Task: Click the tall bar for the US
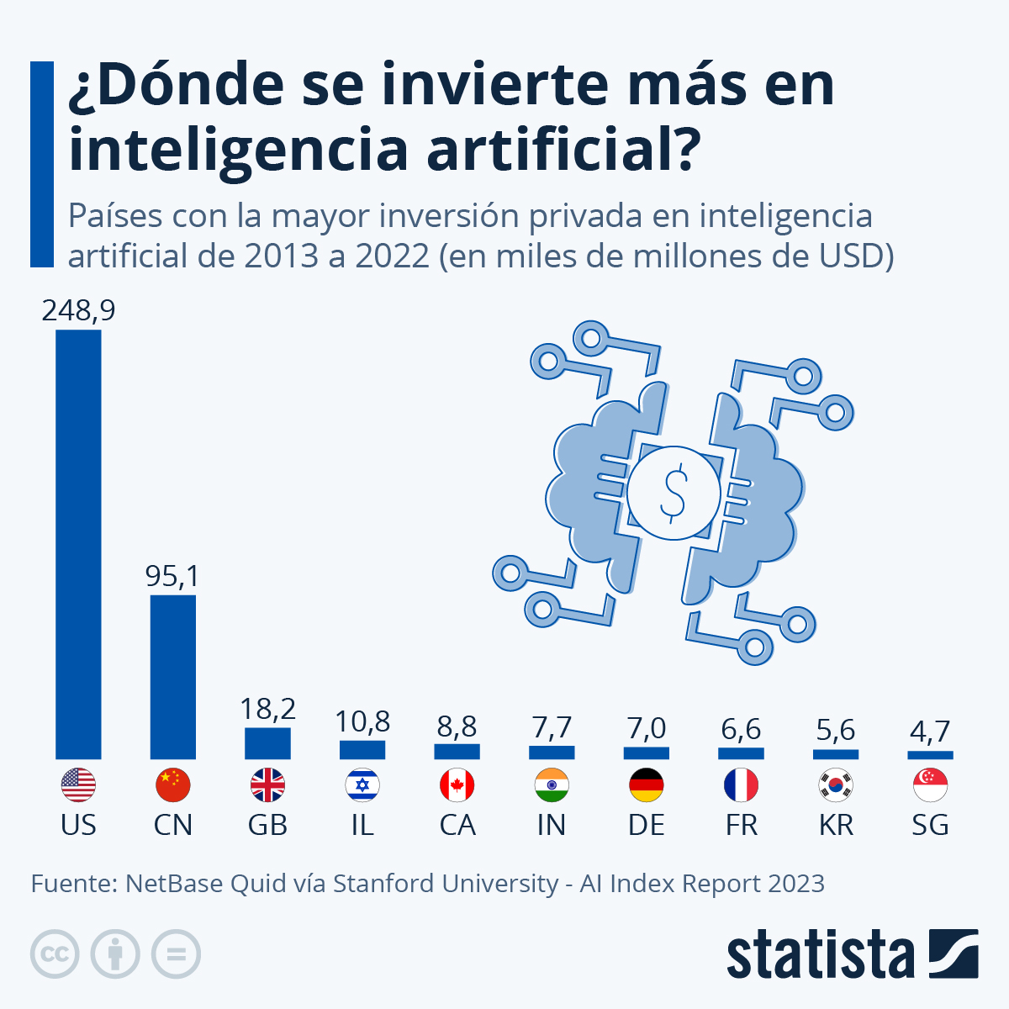[x=78, y=545]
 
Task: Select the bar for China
[x=173, y=677]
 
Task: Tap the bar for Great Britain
[x=267, y=743]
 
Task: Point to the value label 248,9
[x=78, y=311]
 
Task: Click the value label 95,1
[x=172, y=577]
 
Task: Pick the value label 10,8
[x=362, y=721]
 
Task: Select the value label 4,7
[x=930, y=732]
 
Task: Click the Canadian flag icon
[x=457, y=786]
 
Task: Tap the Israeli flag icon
[x=362, y=786]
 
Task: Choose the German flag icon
[x=646, y=786]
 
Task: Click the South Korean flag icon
[x=836, y=786]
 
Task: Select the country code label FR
[x=741, y=826]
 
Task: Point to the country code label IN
[x=552, y=826]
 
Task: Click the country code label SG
[x=930, y=826]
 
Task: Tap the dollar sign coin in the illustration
[x=674, y=493]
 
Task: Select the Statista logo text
[x=820, y=955]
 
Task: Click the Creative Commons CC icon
[x=55, y=954]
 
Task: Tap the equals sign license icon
[x=176, y=954]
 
